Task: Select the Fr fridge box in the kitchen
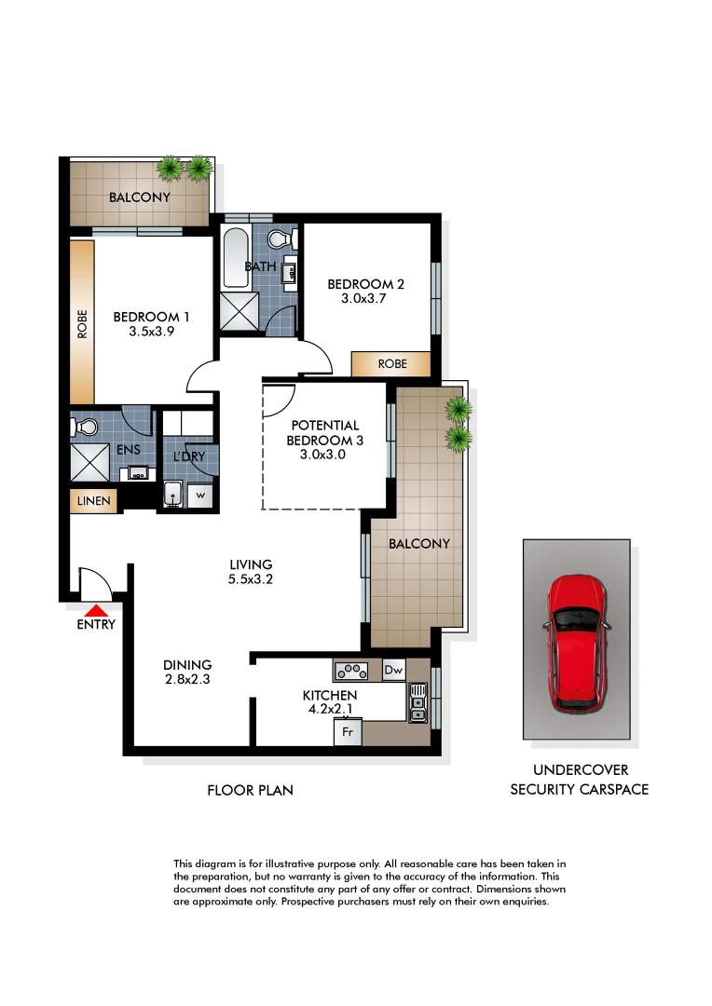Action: [348, 732]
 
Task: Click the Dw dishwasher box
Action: [393, 669]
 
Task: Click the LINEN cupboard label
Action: [93, 501]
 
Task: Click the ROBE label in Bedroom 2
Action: [391, 364]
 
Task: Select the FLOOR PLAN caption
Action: [250, 790]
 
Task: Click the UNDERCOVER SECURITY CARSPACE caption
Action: [579, 780]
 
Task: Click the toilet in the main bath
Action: [279, 239]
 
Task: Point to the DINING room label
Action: [187, 664]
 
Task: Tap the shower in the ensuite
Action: [89, 460]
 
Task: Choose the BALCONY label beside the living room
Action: [419, 543]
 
